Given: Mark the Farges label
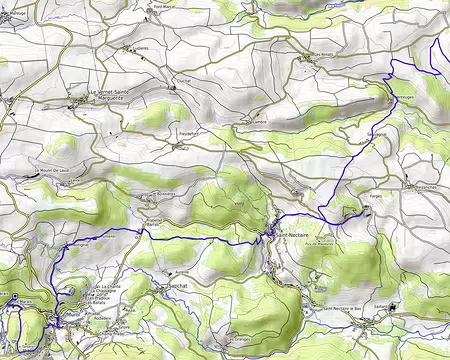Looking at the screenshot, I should click(x=375, y=197).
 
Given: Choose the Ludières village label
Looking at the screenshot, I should click(x=146, y=46).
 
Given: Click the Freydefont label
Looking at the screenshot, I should click(x=190, y=132).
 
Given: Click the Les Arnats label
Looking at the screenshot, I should click(x=323, y=54).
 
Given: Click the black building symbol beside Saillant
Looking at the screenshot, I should click(x=394, y=306).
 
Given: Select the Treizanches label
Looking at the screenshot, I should click(x=425, y=188).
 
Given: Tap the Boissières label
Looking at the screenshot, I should click(x=160, y=195).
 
